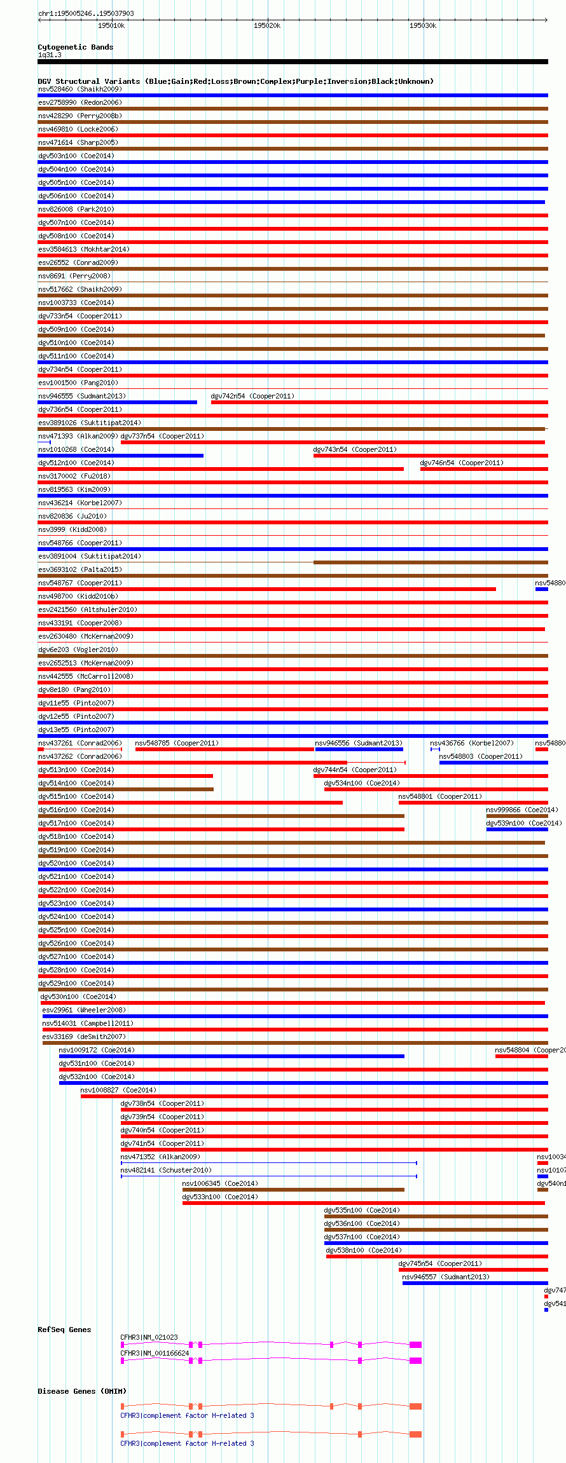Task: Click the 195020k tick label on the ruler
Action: (266, 25)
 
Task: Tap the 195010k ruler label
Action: (111, 25)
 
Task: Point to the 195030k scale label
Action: (422, 25)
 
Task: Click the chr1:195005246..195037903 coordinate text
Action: (86, 13)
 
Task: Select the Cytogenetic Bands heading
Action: (75, 47)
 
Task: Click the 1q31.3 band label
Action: (50, 55)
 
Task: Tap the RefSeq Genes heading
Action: (64, 1330)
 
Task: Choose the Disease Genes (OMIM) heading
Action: (82, 1391)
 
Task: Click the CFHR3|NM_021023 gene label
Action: (149, 1337)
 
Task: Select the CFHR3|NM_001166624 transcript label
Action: (155, 1353)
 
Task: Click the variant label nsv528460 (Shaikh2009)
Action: (79, 89)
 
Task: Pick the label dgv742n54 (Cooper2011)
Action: (252, 396)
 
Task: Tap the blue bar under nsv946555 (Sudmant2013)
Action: (117, 402)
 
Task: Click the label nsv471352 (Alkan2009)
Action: (160, 1157)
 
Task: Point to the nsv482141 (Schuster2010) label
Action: (166, 1170)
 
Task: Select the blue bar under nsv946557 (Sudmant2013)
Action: (474, 1283)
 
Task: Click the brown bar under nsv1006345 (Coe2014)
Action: (293, 1190)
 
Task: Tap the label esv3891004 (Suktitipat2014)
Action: (90, 556)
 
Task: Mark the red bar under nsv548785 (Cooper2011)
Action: (224, 749)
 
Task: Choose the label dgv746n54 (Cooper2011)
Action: (462, 463)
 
